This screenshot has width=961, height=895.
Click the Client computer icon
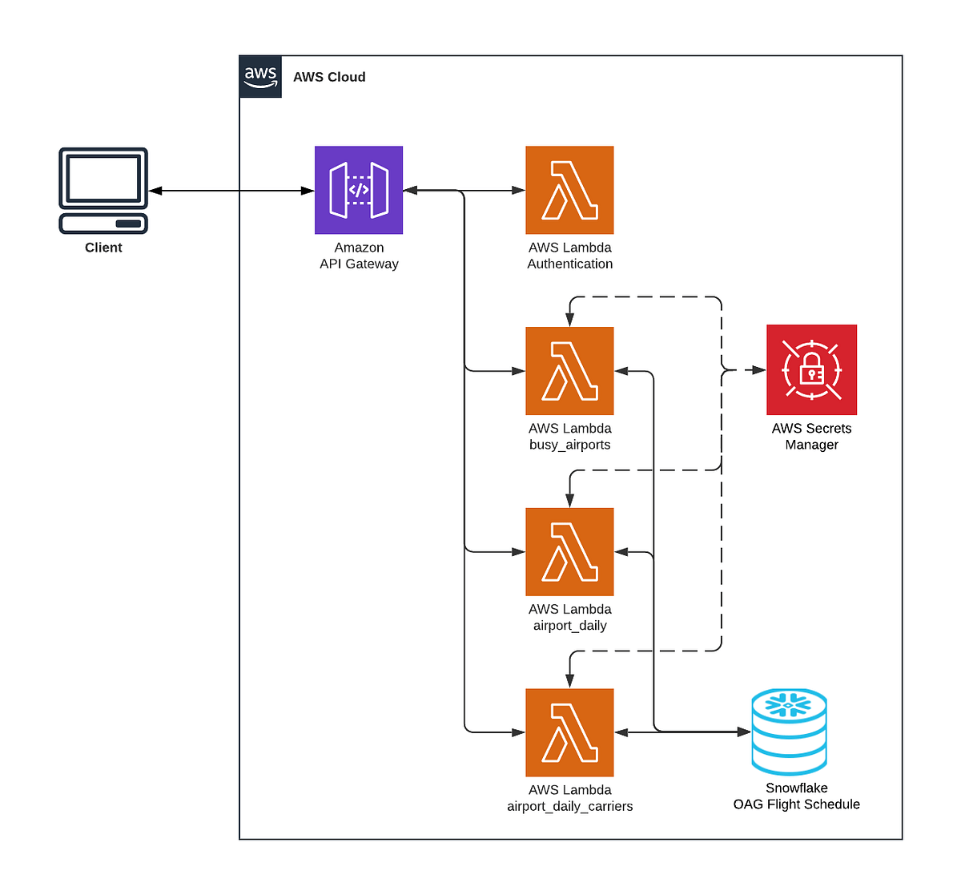point(103,191)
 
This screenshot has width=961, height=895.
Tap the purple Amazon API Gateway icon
point(359,190)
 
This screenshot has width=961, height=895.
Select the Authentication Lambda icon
point(569,190)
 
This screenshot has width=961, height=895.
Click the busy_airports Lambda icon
point(569,371)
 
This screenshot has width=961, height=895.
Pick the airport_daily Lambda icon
point(569,552)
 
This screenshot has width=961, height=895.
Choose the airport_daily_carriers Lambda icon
point(569,732)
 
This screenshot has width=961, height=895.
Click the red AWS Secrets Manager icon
point(811,369)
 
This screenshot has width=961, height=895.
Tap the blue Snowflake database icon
point(790,732)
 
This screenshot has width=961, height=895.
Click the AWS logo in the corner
point(260,77)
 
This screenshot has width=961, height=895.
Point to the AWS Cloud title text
point(329,77)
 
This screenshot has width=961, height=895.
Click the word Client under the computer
point(103,248)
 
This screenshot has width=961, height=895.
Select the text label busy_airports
point(569,445)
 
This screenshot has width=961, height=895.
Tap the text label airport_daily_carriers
point(569,806)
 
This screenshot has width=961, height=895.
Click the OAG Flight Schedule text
point(796,804)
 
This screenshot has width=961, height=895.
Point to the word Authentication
point(569,264)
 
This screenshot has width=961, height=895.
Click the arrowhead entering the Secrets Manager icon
point(759,370)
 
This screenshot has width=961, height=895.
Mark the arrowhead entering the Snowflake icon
point(744,732)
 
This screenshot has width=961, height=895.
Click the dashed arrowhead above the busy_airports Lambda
point(569,320)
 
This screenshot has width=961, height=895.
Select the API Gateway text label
point(359,264)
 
